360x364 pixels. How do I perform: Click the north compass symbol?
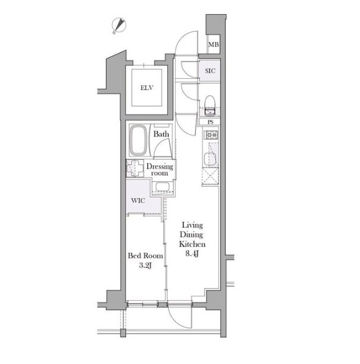point(119,26)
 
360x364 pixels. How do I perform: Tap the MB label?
point(213,44)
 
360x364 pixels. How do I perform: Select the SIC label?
point(210,71)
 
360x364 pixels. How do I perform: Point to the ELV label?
point(147,88)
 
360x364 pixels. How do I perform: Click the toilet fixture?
point(210,106)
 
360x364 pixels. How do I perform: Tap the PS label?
point(210,122)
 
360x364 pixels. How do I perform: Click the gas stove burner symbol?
point(211,135)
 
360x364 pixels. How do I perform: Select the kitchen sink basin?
point(210,159)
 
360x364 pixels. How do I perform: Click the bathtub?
point(138,140)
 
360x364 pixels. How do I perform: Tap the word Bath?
point(161,134)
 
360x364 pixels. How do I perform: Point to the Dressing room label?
point(160,169)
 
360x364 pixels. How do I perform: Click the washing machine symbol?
point(135,168)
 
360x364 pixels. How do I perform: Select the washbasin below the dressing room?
point(163,187)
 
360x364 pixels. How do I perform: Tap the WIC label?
point(138,200)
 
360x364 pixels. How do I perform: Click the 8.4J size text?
point(192,254)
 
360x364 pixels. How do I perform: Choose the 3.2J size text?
point(145,266)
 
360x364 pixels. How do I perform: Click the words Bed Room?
point(145,256)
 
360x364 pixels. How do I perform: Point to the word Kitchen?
point(193,244)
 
